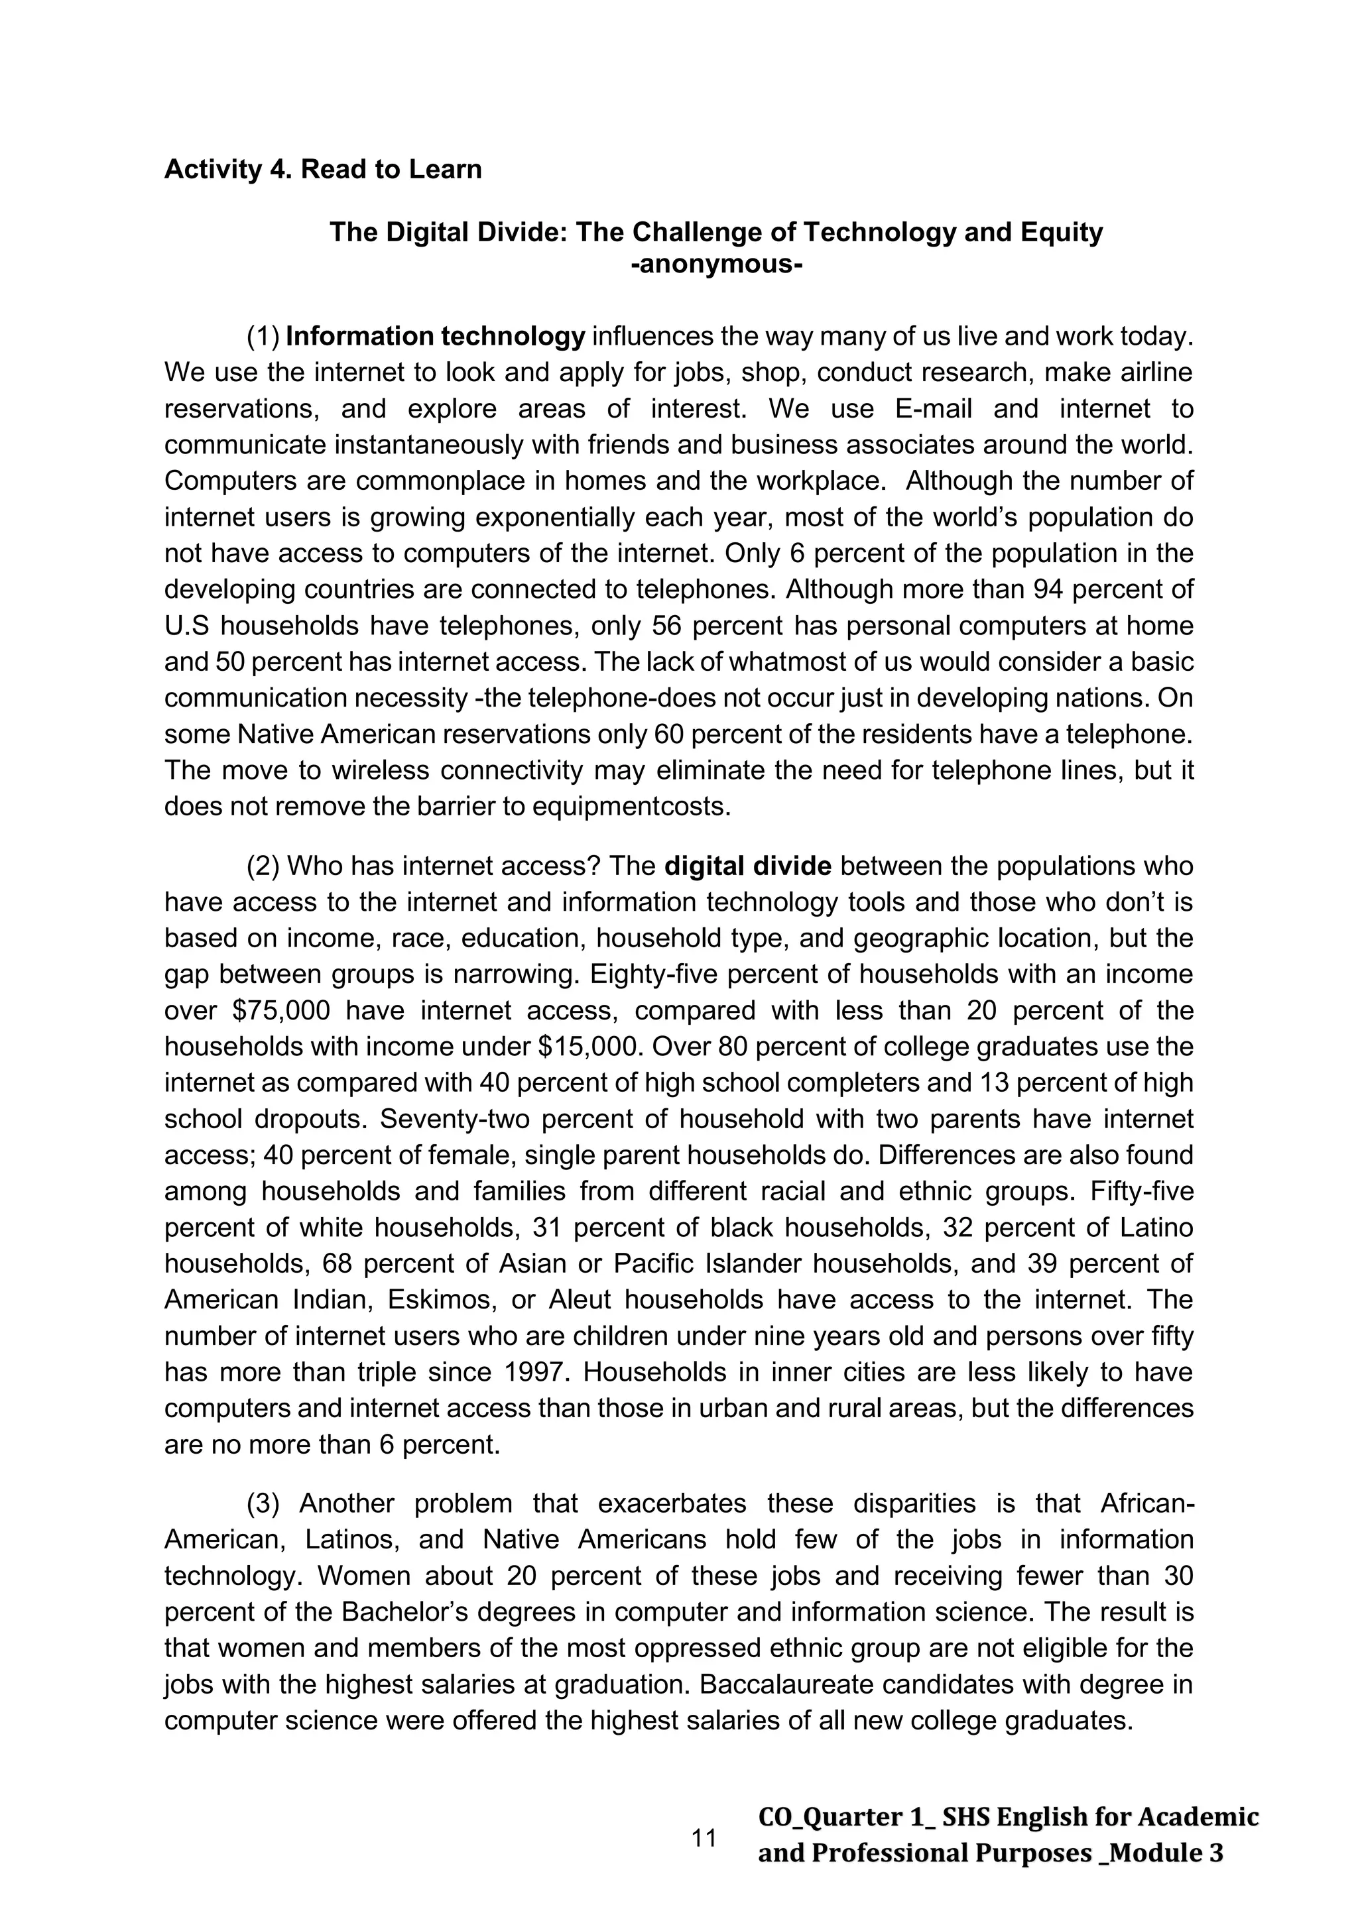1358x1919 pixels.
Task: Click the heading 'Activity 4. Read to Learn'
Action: click(323, 170)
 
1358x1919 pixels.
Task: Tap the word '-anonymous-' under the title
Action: click(715, 266)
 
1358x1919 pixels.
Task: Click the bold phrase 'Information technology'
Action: click(435, 337)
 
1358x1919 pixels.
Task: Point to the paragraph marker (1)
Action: click(263, 337)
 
